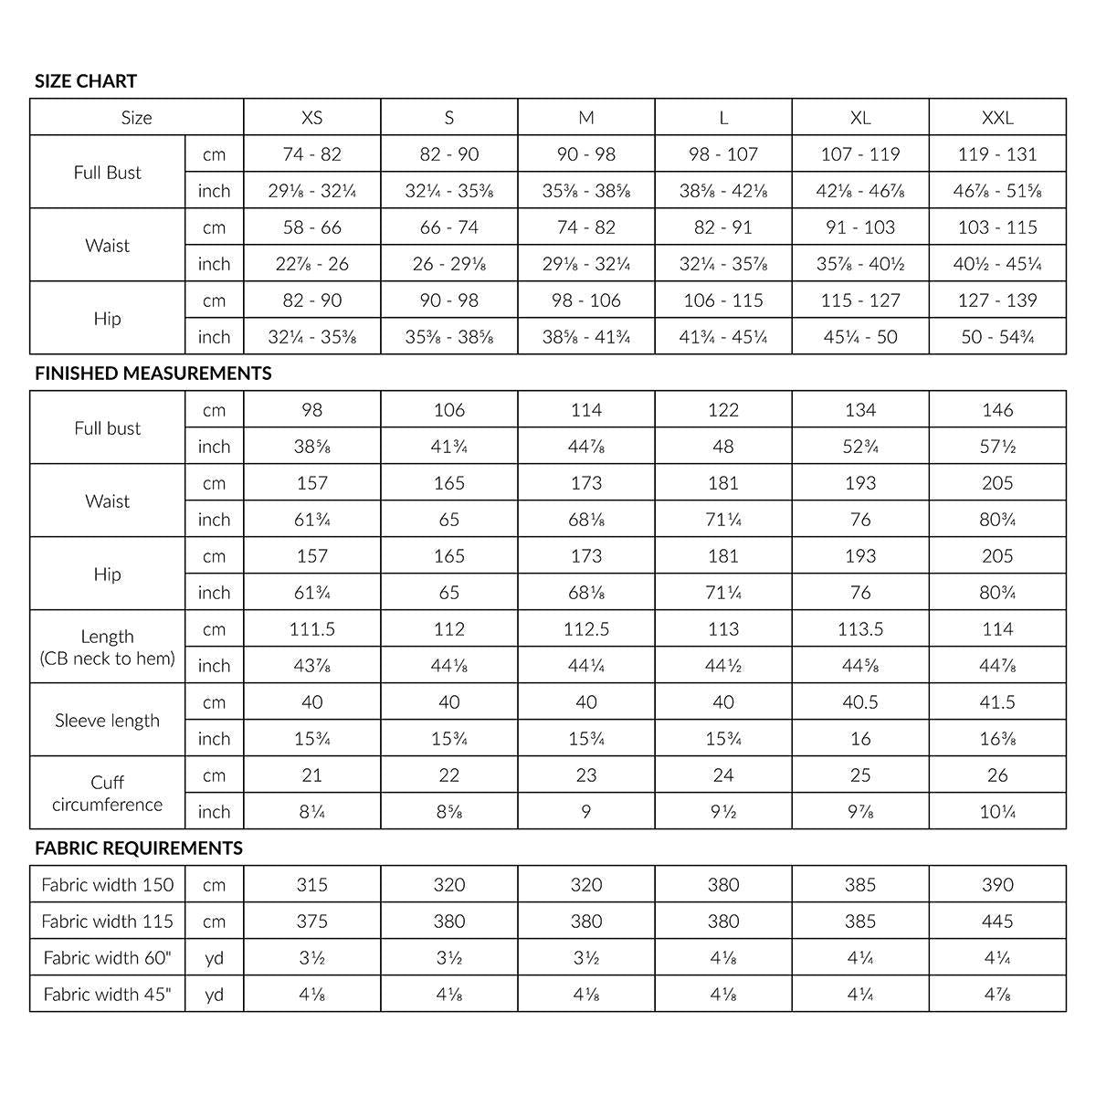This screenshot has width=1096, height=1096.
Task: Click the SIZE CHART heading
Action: click(86, 81)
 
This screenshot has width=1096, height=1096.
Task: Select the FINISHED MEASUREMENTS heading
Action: click(153, 374)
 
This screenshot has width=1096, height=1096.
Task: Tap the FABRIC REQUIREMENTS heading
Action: click(139, 848)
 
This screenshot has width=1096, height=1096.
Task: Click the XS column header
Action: click(312, 118)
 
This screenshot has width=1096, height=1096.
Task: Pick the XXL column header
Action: click(997, 118)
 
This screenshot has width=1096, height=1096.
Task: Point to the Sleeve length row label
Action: click(107, 721)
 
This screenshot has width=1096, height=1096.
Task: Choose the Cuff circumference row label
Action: click(107, 794)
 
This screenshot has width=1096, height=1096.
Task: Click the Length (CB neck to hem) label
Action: click(107, 648)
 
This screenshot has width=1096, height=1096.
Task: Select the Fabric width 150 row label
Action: click(108, 885)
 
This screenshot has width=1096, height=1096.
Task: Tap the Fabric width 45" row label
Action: click(108, 995)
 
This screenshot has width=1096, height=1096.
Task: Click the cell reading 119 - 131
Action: click(997, 154)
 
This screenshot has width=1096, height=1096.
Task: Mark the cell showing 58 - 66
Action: click(312, 227)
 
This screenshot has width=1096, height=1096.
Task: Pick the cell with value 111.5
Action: click(312, 629)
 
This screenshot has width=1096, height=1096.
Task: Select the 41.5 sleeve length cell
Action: click(997, 702)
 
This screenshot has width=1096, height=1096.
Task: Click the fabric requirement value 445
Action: click(997, 922)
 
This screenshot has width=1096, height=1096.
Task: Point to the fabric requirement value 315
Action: click(312, 885)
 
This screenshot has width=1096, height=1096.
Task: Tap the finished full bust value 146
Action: click(997, 410)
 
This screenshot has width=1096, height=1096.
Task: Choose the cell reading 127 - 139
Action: click(997, 300)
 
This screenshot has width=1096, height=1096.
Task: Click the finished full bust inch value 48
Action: click(723, 447)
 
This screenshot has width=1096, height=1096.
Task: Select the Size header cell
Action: click(137, 118)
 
